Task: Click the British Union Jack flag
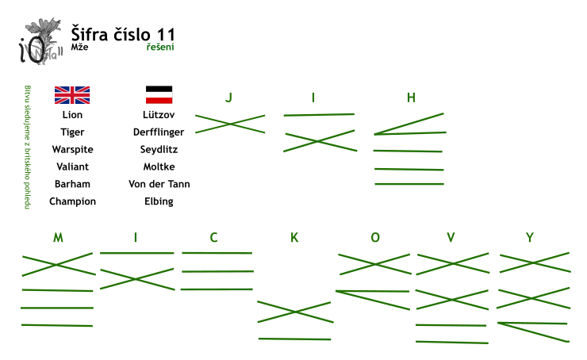pyautogui.click(x=72, y=95)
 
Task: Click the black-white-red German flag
pyautogui.click(x=159, y=94)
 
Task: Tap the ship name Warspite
pyautogui.click(x=73, y=149)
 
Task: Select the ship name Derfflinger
pyautogui.click(x=159, y=132)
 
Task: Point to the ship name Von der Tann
pyautogui.click(x=159, y=184)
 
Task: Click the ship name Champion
pyautogui.click(x=73, y=201)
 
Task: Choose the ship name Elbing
pyautogui.click(x=159, y=201)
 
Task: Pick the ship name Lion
pyautogui.click(x=72, y=114)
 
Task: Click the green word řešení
pyautogui.click(x=160, y=47)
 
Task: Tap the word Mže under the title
pyautogui.click(x=80, y=47)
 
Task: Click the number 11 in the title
pyautogui.click(x=166, y=35)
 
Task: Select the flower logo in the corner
pyautogui.click(x=40, y=41)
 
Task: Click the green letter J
pyautogui.click(x=228, y=98)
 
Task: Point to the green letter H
pyautogui.click(x=411, y=98)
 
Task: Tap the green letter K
pyautogui.click(x=294, y=237)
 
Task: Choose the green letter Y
pyautogui.click(x=529, y=237)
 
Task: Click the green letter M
pyautogui.click(x=58, y=237)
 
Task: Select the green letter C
pyautogui.click(x=213, y=237)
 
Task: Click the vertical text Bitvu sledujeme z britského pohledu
pyautogui.click(x=27, y=147)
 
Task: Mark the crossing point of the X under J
pyautogui.click(x=230, y=124)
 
